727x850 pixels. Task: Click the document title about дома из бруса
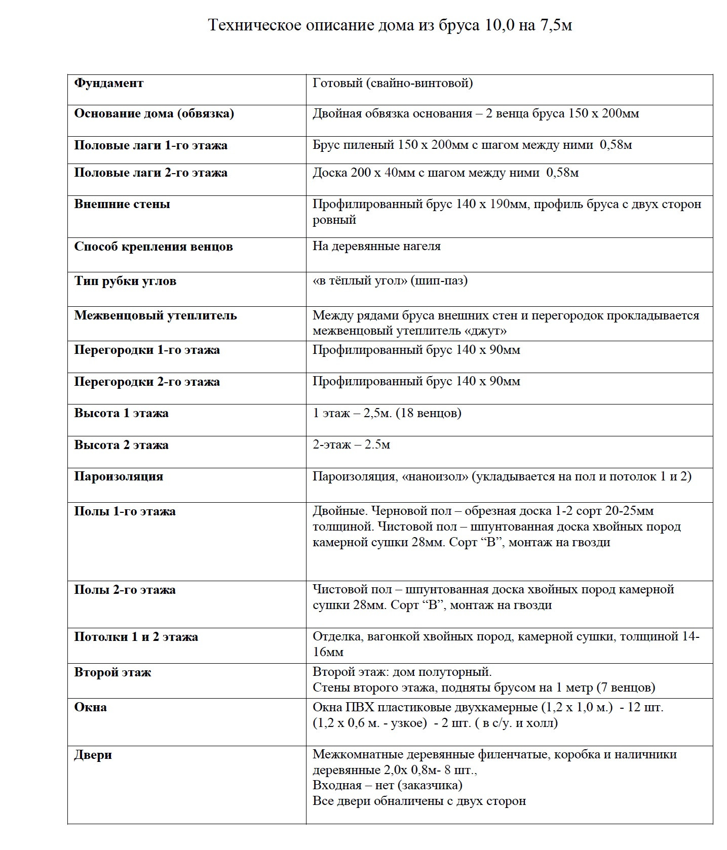point(390,25)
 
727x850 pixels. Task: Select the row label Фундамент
point(109,83)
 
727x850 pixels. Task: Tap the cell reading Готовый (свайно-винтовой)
point(393,83)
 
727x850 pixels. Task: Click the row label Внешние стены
point(122,204)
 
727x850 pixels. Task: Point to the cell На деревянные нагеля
point(376,246)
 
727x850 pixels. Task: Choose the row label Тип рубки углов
point(125,281)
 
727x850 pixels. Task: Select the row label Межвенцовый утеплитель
point(156,315)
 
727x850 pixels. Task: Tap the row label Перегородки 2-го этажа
point(147,382)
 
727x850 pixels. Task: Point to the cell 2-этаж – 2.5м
point(351,445)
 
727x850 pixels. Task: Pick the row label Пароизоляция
point(119,476)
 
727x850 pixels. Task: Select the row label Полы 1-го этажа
point(125,511)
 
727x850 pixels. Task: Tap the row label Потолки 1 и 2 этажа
point(136,637)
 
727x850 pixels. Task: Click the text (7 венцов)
point(626,687)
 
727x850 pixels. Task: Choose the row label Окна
point(90,707)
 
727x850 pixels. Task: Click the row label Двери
point(93,755)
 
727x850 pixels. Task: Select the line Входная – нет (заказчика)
point(387,785)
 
